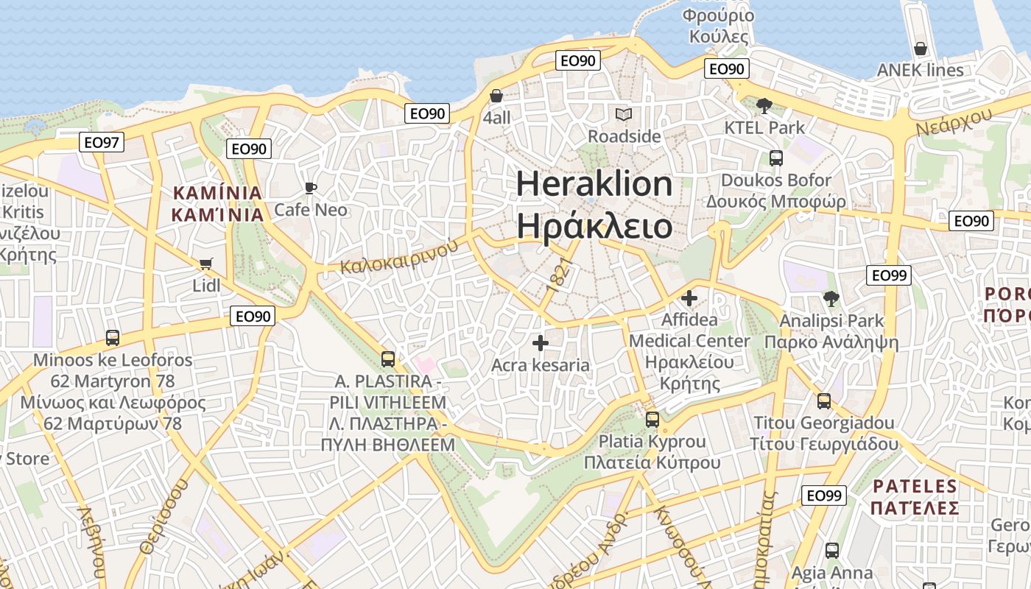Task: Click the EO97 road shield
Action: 102,142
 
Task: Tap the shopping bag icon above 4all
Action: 496,96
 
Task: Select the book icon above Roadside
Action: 624,114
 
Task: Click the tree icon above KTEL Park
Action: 764,105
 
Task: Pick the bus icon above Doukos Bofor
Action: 775,158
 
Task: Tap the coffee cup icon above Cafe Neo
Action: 311,188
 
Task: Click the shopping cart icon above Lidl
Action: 206,264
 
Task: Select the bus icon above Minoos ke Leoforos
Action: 113,338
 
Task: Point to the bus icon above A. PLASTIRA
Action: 388,359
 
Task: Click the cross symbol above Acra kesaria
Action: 541,342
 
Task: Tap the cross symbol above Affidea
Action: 689,298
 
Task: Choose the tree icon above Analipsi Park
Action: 831,299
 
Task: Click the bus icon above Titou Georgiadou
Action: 824,401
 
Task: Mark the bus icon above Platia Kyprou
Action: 652,420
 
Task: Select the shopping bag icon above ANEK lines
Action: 921,49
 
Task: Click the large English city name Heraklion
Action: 594,183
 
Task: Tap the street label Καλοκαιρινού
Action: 398,257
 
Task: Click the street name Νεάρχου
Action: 954,120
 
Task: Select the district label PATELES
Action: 914,486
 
